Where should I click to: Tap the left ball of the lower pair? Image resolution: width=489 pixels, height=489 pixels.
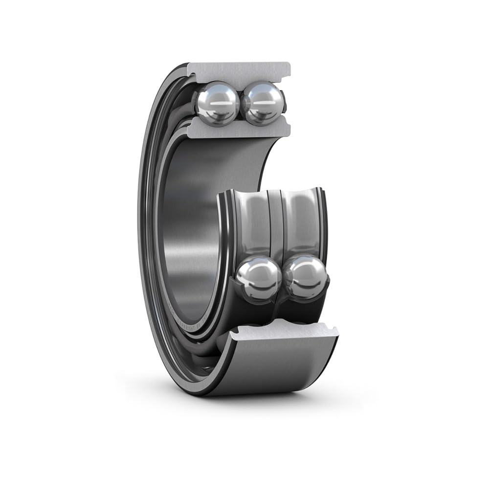point(258,278)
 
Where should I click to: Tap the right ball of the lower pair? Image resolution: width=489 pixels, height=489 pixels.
point(306,278)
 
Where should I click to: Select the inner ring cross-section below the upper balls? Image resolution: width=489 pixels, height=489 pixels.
point(240,130)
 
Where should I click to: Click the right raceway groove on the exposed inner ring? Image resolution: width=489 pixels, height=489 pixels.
point(301,220)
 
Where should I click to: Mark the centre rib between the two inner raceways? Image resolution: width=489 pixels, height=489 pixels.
point(276,220)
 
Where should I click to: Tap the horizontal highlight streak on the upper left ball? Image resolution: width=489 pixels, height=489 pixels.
point(219,104)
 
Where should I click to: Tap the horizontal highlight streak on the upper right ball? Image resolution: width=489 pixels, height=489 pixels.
point(263,104)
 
